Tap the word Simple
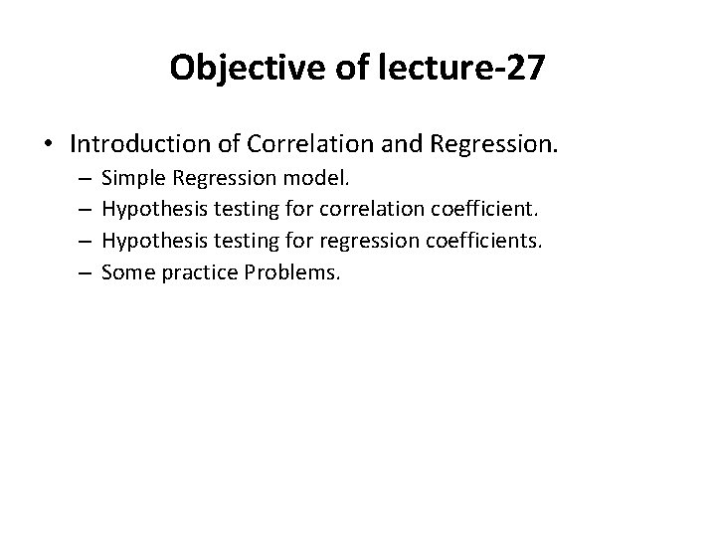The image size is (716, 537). point(131,180)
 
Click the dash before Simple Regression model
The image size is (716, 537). point(82,181)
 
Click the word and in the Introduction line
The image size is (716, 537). point(399,144)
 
